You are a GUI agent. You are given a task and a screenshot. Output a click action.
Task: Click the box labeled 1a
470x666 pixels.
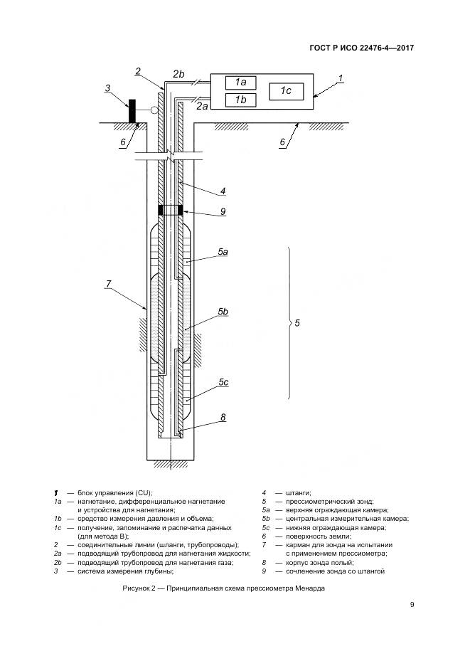click(240, 83)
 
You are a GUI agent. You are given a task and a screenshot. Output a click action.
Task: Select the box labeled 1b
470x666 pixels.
click(240, 100)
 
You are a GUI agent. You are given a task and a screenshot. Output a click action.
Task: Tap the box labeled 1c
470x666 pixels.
click(286, 91)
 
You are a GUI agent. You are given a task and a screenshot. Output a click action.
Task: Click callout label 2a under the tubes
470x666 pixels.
click(203, 107)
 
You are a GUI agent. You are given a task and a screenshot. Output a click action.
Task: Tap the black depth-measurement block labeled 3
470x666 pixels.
click(132, 112)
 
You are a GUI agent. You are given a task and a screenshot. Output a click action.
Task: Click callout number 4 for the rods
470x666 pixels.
click(223, 191)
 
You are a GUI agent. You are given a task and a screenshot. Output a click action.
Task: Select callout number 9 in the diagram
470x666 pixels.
click(223, 211)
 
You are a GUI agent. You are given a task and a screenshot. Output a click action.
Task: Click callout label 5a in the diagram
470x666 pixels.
click(223, 252)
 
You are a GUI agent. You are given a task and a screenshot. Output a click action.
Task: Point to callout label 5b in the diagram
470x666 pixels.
click(223, 312)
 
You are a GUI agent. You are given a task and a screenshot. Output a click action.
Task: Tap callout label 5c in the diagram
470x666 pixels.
click(223, 383)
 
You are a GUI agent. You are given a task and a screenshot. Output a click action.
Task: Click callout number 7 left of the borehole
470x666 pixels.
click(108, 283)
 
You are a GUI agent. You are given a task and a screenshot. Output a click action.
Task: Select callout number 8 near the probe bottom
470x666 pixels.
click(223, 418)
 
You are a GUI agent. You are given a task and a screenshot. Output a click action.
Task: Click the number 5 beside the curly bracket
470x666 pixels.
click(297, 324)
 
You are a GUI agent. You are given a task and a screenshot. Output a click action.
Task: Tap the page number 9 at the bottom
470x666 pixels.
click(412, 605)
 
